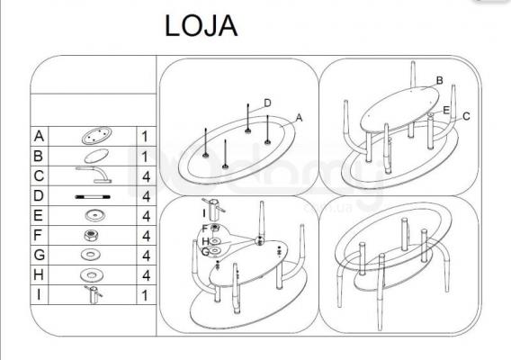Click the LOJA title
click(202, 26)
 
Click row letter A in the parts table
click(39, 136)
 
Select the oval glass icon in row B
click(96, 156)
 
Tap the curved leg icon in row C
click(94, 175)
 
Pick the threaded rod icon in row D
click(93, 197)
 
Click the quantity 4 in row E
click(146, 216)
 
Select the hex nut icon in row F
click(92, 235)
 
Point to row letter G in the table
click(39, 255)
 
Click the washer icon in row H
click(92, 275)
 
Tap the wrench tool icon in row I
click(94, 294)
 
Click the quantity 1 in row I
click(145, 295)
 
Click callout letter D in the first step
click(267, 103)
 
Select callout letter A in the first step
click(299, 118)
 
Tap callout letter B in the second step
click(439, 80)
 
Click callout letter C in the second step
click(466, 116)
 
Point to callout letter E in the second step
click(446, 110)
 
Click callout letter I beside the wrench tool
click(204, 213)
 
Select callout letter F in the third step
click(204, 229)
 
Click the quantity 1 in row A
click(145, 137)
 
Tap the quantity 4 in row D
click(146, 196)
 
